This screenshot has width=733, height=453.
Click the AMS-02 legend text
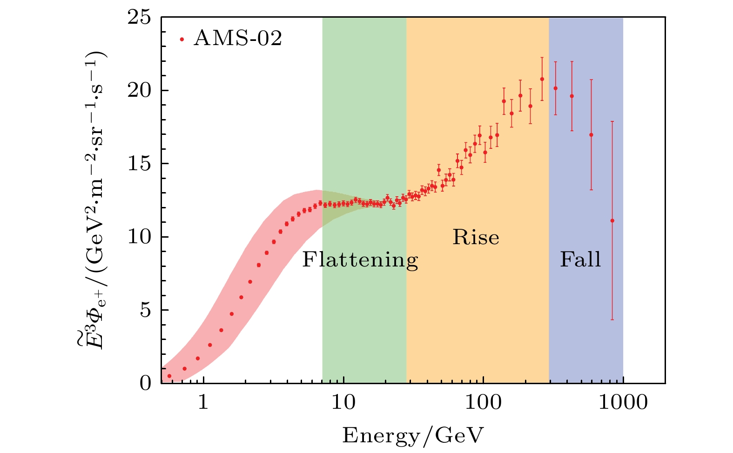[238, 39]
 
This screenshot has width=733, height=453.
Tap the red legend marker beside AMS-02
[182, 40]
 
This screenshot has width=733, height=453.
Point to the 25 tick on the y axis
[139, 18]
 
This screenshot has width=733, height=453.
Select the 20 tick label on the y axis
[139, 91]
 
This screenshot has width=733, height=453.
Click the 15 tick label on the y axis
[139, 164]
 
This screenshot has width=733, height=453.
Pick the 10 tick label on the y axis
[139, 237]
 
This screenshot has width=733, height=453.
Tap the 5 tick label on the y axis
[146, 310]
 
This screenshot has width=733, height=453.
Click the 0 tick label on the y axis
[146, 383]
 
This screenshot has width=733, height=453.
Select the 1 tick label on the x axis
[203, 402]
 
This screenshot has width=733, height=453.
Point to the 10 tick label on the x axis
[343, 402]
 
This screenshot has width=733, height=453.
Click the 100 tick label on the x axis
[484, 402]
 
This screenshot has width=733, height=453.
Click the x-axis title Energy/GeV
[413, 436]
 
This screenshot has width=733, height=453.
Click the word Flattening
[360, 260]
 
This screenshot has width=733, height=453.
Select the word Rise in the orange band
[476, 238]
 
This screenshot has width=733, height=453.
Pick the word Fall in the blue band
[580, 259]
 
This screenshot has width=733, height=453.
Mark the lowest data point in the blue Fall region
[612, 220]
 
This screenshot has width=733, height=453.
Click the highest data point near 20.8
[542, 79]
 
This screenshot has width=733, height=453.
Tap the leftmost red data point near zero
[169, 376]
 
